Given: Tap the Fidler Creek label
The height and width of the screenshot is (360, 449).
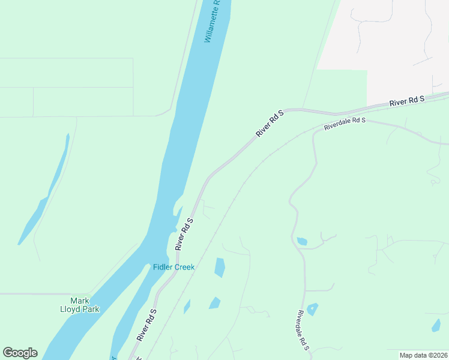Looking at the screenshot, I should (x=173, y=267).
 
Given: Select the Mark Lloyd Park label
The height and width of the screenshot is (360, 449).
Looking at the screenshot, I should (x=84, y=305).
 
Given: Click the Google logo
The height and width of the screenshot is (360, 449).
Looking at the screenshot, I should (x=20, y=353).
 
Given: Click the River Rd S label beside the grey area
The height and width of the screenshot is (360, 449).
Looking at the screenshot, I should (x=406, y=101).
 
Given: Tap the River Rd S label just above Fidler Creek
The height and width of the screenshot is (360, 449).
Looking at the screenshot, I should (x=184, y=234).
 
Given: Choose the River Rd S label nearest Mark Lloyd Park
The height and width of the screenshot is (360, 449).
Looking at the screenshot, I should (x=146, y=325).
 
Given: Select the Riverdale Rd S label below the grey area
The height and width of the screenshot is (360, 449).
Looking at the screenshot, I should (x=345, y=124).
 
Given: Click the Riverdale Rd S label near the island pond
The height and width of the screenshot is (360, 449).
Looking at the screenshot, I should (x=302, y=330).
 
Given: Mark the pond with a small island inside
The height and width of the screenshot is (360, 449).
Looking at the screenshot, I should (x=312, y=309).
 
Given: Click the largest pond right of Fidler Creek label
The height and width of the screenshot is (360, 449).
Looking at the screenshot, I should (x=220, y=267).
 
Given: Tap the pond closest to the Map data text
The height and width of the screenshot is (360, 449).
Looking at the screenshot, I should (x=436, y=326).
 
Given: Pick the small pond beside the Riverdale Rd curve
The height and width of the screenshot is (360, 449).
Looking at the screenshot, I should (x=302, y=241).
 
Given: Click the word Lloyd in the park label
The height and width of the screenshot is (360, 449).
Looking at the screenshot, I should (x=84, y=310).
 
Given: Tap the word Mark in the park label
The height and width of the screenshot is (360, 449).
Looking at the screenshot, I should (x=80, y=301).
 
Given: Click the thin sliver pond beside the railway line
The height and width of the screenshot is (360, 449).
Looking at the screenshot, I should (x=187, y=307).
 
